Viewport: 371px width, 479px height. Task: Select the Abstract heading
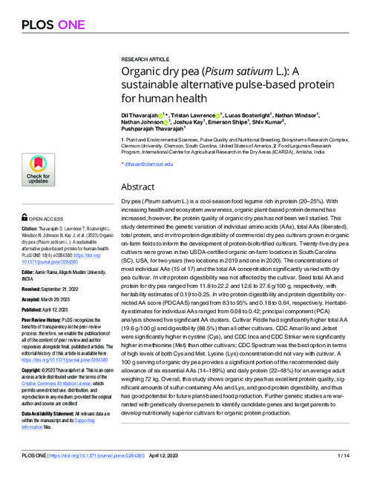(137, 167)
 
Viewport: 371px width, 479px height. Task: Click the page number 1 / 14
(353, 463)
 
